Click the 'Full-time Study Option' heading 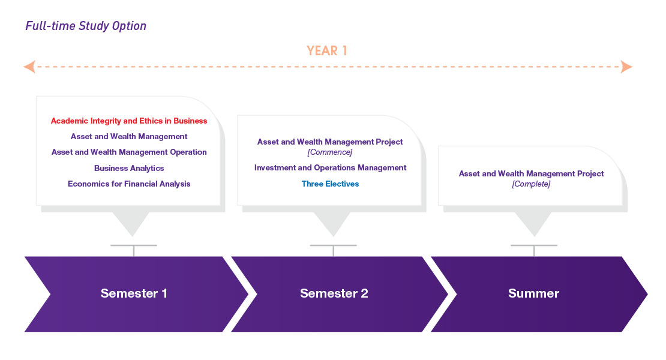pyautogui.click(x=86, y=26)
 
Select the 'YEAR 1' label pyautogui.click(x=327, y=51)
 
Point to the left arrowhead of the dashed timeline pyautogui.click(x=29, y=67)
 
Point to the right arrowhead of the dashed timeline pyautogui.click(x=626, y=67)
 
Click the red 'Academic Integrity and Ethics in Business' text pyautogui.click(x=129, y=121)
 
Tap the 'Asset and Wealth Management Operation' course pyautogui.click(x=129, y=152)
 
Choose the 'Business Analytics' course pyautogui.click(x=129, y=168)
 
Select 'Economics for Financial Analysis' pyautogui.click(x=129, y=184)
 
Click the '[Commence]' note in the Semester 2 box pyautogui.click(x=330, y=152)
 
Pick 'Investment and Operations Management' pyautogui.click(x=330, y=168)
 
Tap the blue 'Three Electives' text pyautogui.click(x=330, y=184)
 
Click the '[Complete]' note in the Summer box pyautogui.click(x=531, y=184)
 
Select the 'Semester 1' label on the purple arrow pyautogui.click(x=134, y=293)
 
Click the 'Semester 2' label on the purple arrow pyautogui.click(x=334, y=293)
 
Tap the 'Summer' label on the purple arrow pyautogui.click(x=533, y=293)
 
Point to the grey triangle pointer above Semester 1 pyautogui.click(x=131, y=223)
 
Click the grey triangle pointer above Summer pyautogui.click(x=533, y=223)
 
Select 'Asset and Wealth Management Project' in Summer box pyautogui.click(x=531, y=174)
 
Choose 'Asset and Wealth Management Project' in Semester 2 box pyautogui.click(x=330, y=142)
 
